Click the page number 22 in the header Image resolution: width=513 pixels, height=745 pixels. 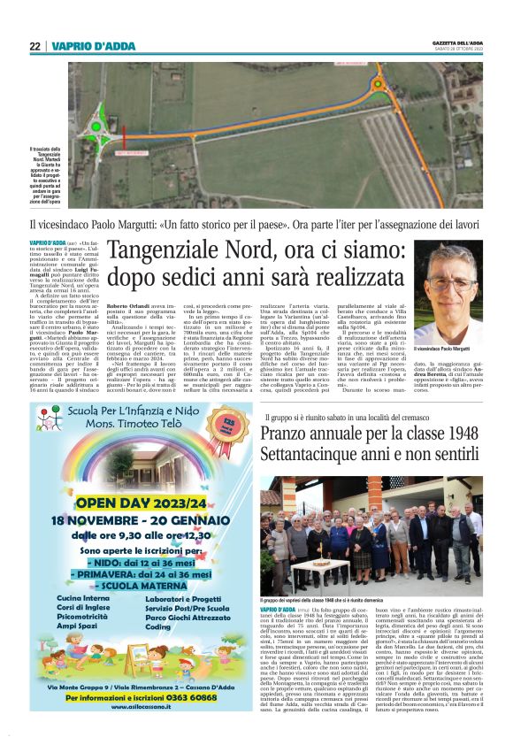coord(34,47)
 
